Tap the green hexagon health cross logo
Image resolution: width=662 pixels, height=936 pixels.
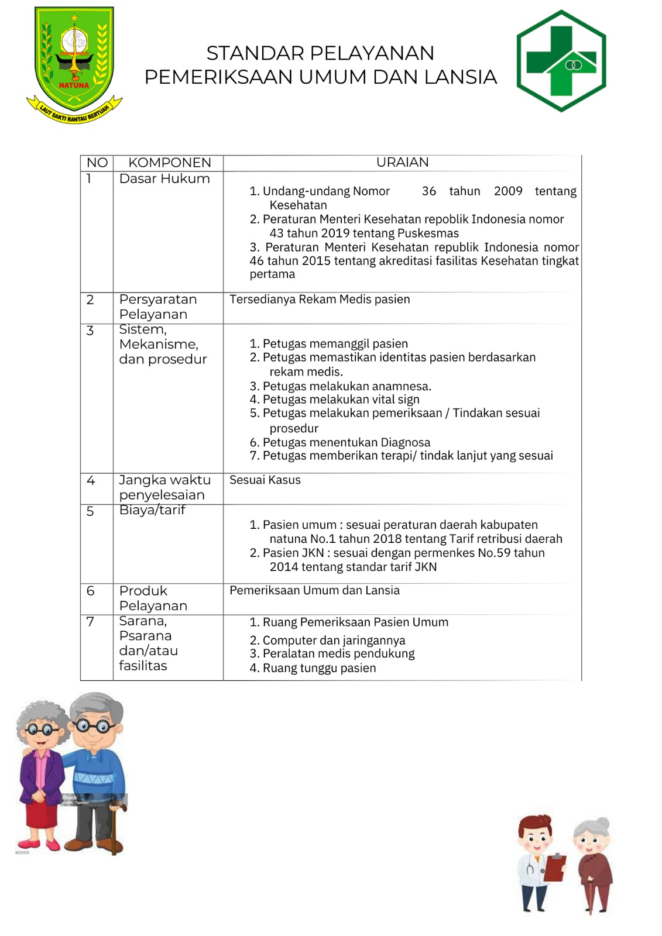(x=561, y=61)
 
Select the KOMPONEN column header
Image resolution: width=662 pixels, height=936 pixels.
(x=169, y=163)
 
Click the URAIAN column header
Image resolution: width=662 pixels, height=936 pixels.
(x=402, y=162)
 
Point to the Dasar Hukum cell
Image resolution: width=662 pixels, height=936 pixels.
(x=164, y=179)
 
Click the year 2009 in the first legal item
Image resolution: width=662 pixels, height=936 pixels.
(x=507, y=191)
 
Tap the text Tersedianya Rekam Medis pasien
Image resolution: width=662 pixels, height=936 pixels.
(x=320, y=300)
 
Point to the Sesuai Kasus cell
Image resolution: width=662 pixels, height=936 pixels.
(x=265, y=480)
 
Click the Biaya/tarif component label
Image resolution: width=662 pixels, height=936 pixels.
(x=152, y=510)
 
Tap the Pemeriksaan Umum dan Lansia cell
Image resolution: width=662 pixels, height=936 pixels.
(x=314, y=591)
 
